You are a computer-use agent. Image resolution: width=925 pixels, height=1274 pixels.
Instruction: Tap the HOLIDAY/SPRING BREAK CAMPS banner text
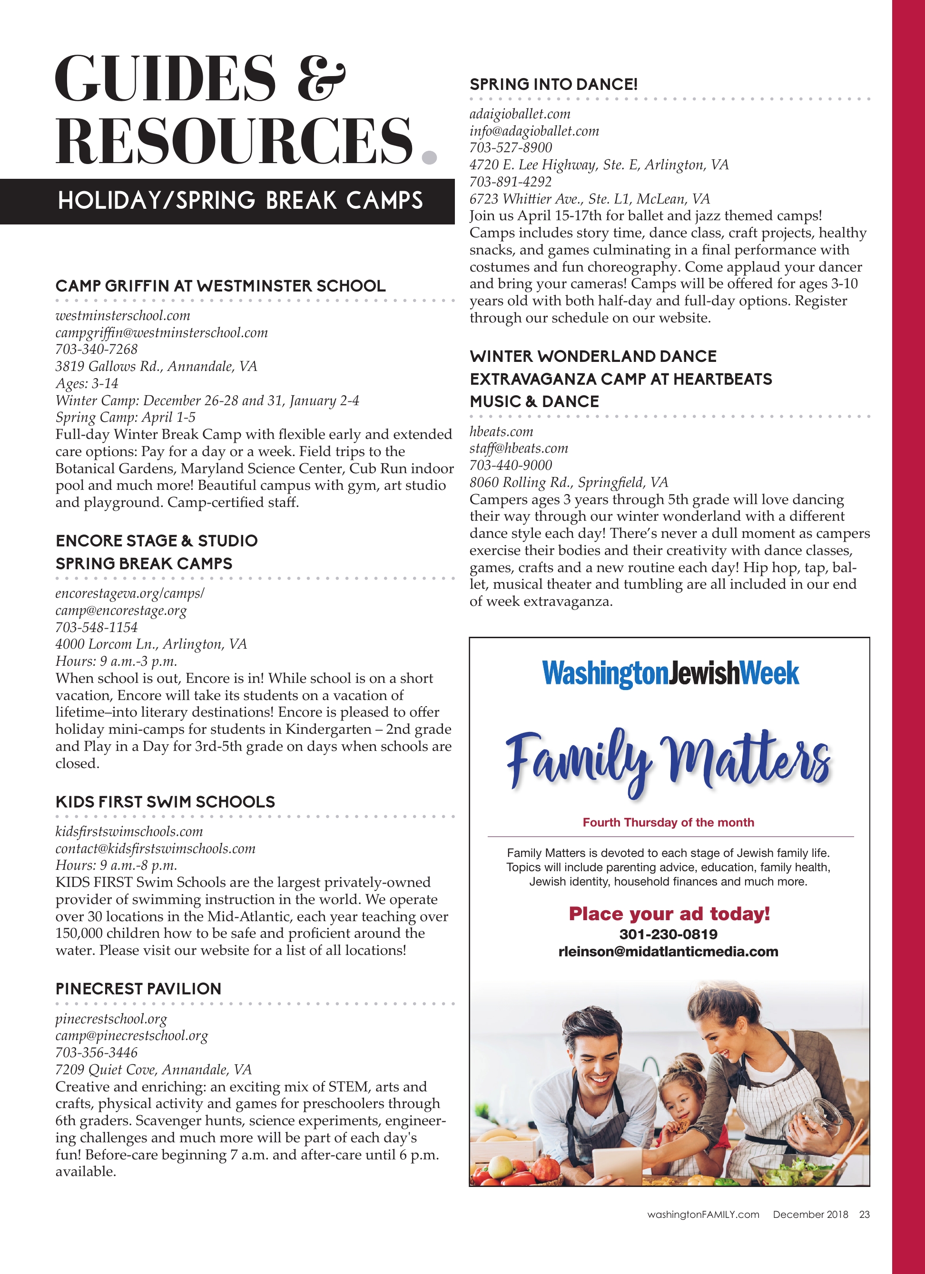click(x=240, y=201)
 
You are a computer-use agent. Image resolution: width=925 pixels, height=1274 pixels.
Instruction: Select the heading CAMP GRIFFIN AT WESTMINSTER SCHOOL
click(x=220, y=286)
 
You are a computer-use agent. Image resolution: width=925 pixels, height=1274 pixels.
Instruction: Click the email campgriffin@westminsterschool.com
click(x=161, y=332)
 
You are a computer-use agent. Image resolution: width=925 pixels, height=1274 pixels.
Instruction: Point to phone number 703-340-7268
click(x=96, y=350)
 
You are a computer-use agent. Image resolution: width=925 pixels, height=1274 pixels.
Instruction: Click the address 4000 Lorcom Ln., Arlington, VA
click(x=151, y=644)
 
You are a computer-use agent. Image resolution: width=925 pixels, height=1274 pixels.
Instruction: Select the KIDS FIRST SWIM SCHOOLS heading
click(x=165, y=802)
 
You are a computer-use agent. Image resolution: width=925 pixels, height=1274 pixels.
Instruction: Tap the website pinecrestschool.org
click(x=111, y=1019)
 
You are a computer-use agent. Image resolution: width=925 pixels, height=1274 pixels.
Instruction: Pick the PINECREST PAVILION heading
click(x=138, y=989)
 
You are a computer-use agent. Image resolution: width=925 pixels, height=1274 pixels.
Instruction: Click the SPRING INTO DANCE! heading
click(x=553, y=84)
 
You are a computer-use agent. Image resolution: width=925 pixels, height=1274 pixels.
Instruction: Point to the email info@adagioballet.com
click(x=534, y=131)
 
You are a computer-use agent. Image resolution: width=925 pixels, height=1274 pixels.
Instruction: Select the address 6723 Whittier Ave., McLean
click(x=590, y=199)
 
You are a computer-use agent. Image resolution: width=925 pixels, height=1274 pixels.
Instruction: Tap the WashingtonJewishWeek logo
click(x=670, y=673)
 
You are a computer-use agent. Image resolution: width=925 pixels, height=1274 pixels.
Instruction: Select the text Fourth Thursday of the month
click(x=668, y=822)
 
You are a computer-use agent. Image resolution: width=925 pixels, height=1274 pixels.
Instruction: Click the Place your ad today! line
click(x=669, y=914)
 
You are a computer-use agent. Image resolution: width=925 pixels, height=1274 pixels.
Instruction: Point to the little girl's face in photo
click(x=679, y=1104)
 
